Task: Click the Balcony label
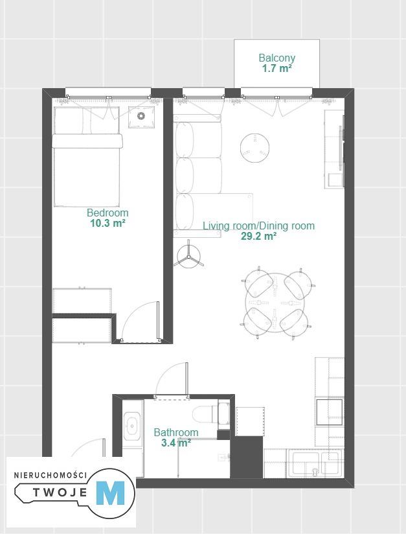click(x=276, y=58)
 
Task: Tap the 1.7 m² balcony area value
click(x=276, y=69)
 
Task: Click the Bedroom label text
click(x=107, y=213)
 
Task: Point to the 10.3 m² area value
click(x=107, y=224)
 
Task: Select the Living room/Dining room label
click(x=258, y=226)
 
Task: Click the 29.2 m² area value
click(x=258, y=237)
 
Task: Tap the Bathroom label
click(x=176, y=432)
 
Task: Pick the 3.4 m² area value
click(x=175, y=443)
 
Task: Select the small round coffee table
click(x=255, y=148)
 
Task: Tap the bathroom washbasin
click(x=131, y=426)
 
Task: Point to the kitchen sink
click(x=314, y=464)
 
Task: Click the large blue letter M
click(x=110, y=493)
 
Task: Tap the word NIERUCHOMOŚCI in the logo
click(x=51, y=475)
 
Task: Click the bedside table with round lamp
click(x=141, y=117)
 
